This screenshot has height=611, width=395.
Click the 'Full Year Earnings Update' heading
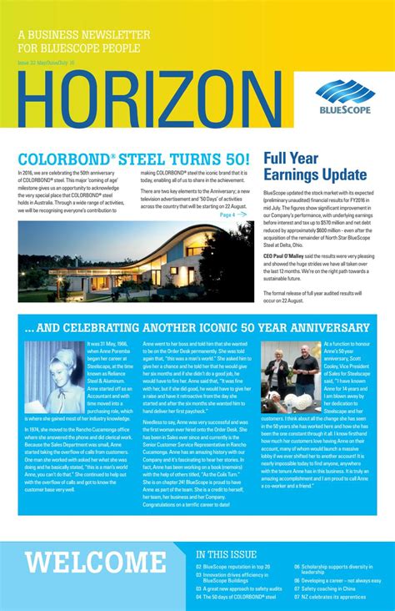click(x=315, y=166)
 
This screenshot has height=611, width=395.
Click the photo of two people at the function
click(x=290, y=377)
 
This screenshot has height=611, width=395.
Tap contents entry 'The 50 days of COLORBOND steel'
click(x=238, y=598)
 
